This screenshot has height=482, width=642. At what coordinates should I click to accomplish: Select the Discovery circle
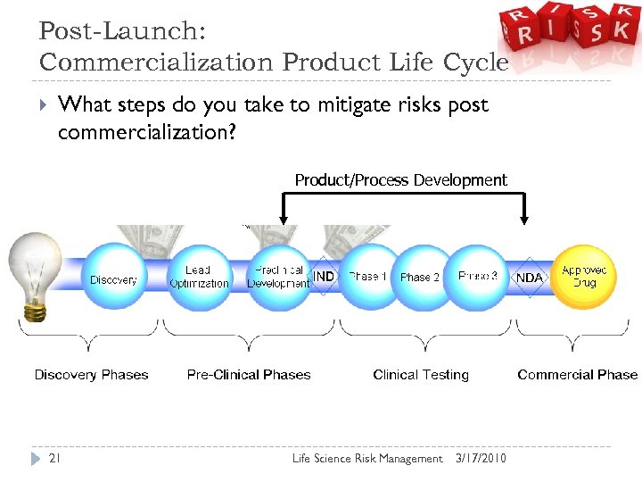coord(113,278)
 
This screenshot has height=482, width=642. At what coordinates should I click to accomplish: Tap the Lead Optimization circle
coord(198,277)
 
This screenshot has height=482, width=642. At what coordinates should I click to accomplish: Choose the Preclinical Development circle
coord(278,277)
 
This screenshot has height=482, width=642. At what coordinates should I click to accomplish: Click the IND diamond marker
coord(324,277)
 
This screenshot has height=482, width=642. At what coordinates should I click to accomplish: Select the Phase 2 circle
coord(419,277)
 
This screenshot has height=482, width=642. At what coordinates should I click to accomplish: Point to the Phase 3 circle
coord(478,277)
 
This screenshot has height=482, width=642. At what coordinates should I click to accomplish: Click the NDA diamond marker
coord(530,278)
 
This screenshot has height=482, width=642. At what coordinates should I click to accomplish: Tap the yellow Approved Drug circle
coord(585,276)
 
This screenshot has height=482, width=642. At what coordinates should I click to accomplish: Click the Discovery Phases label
coord(91,375)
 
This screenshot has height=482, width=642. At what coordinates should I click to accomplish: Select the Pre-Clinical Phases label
coord(249,375)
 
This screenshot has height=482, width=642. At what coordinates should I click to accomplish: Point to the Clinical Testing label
coord(421,375)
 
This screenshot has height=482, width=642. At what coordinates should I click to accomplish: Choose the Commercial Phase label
coord(577,375)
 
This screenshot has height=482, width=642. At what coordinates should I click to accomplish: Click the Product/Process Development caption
coord(400,180)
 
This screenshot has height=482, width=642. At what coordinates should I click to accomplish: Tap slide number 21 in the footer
coord(55,458)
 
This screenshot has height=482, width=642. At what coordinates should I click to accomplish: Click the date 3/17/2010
coord(480,458)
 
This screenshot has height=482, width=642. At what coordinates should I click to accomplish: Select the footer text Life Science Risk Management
coord(367,458)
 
